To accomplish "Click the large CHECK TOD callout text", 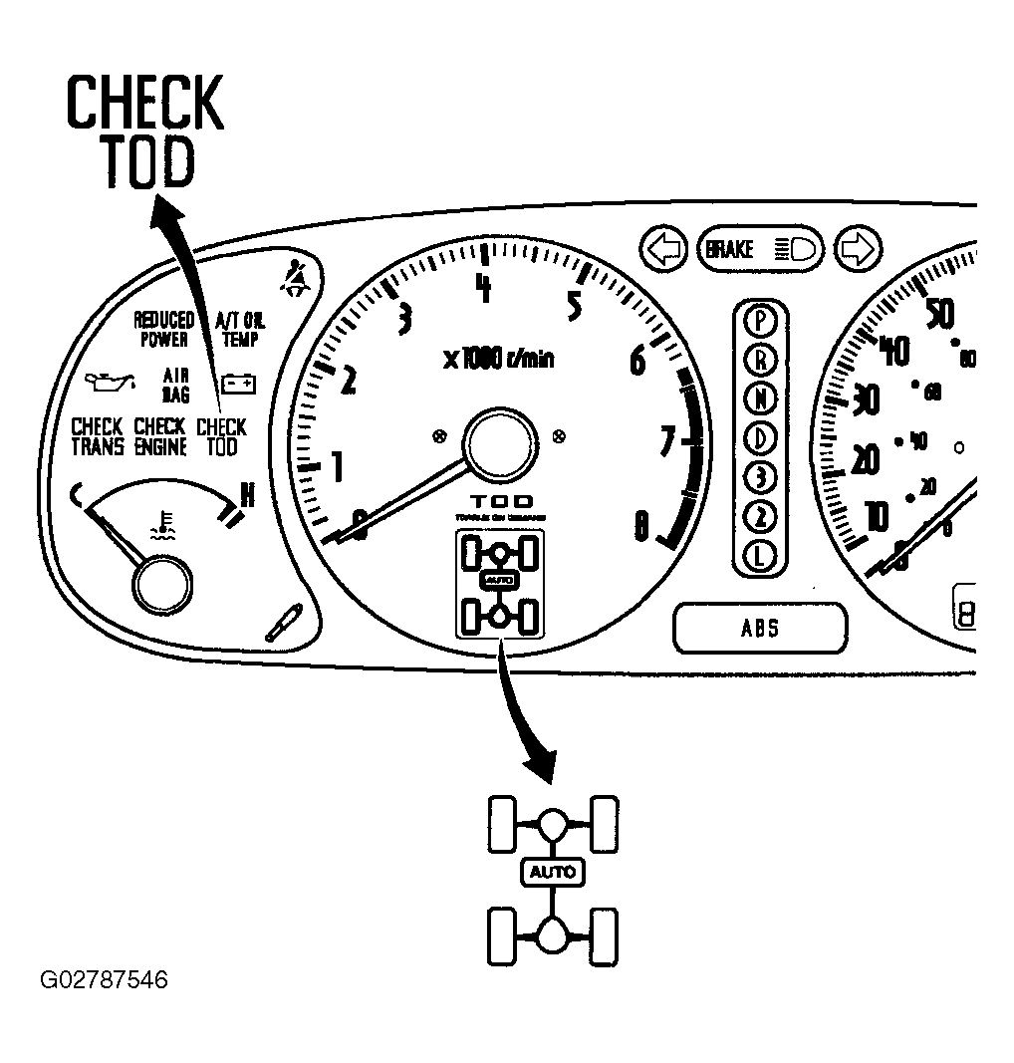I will tap(144, 132).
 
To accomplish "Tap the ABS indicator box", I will tap(759, 629).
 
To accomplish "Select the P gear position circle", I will tap(761, 320).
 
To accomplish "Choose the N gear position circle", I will tap(761, 399).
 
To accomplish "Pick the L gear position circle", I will tap(761, 555).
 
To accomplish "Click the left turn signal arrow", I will tap(664, 248).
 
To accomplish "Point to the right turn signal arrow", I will tap(858, 249).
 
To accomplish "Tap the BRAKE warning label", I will tap(730, 249).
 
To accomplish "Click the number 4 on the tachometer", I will tap(484, 288).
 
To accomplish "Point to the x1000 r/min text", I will tap(498, 359).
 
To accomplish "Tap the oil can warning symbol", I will tap(110, 382).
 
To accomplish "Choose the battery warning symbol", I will tap(238, 382).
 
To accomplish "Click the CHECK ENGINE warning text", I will tap(160, 436).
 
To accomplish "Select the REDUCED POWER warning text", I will tap(164, 329).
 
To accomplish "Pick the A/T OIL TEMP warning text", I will tap(238, 329).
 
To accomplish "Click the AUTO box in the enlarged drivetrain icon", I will tap(553, 873).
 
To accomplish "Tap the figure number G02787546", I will tap(104, 980).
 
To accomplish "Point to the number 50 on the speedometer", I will tap(939, 313).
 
